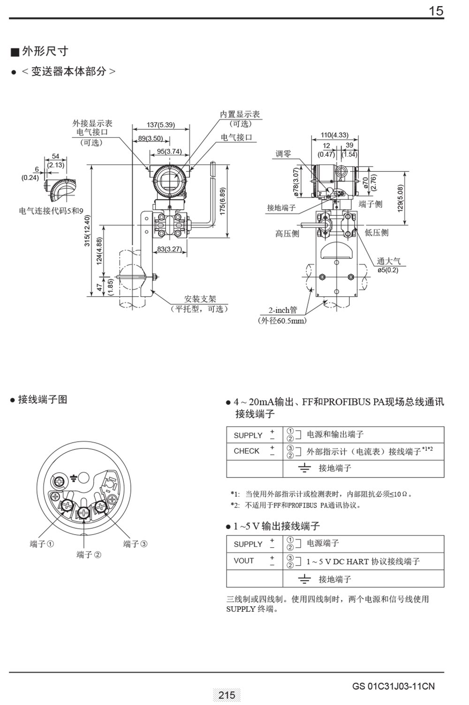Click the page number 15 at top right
(x=436, y=11)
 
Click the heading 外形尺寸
(x=45, y=51)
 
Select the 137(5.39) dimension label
(x=160, y=125)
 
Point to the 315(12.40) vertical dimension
(x=87, y=230)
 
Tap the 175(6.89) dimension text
(x=223, y=201)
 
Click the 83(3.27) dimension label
(x=169, y=249)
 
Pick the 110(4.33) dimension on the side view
(x=334, y=135)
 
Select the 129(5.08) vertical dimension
(x=400, y=198)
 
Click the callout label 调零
(x=283, y=154)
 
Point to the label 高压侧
(x=287, y=233)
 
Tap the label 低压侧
(x=376, y=233)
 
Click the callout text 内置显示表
(x=240, y=114)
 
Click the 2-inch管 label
(x=282, y=310)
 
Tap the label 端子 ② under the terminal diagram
(x=89, y=555)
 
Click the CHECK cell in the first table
(x=246, y=451)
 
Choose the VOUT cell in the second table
(x=243, y=561)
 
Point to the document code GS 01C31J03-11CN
(x=393, y=686)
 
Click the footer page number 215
(x=227, y=695)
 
